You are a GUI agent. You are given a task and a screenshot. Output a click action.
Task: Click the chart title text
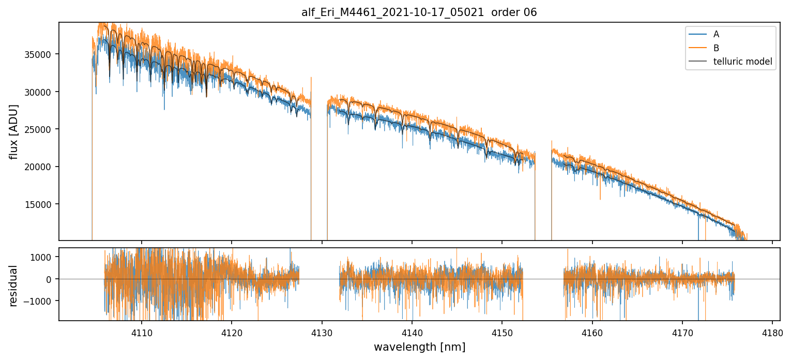click(x=419, y=12)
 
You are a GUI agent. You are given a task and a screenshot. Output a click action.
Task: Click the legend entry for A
click(x=716, y=34)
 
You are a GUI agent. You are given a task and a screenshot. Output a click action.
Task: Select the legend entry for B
click(x=716, y=48)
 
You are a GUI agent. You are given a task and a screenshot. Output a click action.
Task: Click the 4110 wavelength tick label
click(x=142, y=333)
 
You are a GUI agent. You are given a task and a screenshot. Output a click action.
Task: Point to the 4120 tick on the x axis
click(x=232, y=333)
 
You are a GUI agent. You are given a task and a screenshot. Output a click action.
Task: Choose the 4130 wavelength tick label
click(x=322, y=333)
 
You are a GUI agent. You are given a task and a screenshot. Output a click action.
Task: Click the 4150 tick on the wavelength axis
click(x=502, y=333)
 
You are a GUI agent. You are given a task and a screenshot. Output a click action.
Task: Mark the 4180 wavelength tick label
click(x=772, y=333)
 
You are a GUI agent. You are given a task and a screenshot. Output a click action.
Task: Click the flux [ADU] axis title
click(x=14, y=131)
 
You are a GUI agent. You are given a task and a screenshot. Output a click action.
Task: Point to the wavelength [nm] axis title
click(x=419, y=347)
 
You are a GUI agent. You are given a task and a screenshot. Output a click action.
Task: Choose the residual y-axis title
click(x=14, y=286)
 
